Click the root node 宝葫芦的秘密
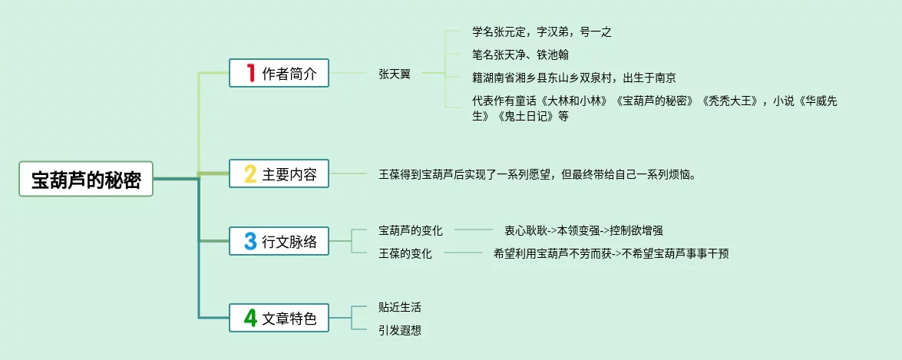point(86,179)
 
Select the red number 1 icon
point(250,73)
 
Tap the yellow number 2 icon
point(250,173)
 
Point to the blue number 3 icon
point(250,241)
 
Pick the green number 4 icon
point(250,318)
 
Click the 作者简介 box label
point(289,74)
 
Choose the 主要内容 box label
point(289,174)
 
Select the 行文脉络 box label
point(289,242)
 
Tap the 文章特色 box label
point(289,318)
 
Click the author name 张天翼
point(395,74)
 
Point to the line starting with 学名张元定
point(541,32)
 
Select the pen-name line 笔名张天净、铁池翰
point(520,54)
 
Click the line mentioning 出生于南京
point(574,78)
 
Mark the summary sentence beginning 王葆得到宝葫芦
point(538,174)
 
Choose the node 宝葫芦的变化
point(411,230)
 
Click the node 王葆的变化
point(405,253)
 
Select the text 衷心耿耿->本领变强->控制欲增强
point(584,230)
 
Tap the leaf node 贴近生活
point(400,308)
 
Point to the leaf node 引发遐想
point(400,330)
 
